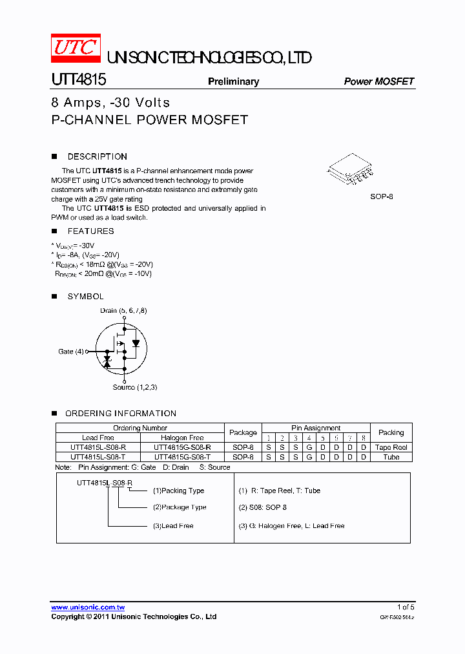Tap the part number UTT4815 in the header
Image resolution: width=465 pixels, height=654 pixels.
click(x=79, y=80)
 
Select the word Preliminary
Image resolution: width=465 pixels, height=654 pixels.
click(x=233, y=81)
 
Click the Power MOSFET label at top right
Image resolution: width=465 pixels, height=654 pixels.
click(x=378, y=81)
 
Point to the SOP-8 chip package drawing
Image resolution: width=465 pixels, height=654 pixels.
click(x=351, y=169)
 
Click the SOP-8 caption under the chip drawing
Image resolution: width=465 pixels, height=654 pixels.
click(x=381, y=196)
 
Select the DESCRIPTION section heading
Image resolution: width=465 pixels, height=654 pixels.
click(x=97, y=156)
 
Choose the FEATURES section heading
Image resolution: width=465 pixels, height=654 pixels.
click(x=90, y=231)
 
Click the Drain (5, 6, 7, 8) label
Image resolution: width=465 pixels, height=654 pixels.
click(x=123, y=311)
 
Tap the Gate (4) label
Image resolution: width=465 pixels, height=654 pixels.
click(x=71, y=352)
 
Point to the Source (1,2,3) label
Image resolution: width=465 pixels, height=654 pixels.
click(x=135, y=387)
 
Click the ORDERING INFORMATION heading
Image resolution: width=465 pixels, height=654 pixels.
click(x=121, y=414)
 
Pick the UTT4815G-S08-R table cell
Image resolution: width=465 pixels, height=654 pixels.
click(x=182, y=447)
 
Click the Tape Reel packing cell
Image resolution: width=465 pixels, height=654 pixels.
click(x=391, y=447)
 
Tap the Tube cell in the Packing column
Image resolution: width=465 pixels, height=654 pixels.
click(x=391, y=457)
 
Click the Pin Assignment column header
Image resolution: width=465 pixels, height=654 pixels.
click(x=316, y=428)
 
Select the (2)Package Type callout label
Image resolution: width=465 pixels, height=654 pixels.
click(x=180, y=507)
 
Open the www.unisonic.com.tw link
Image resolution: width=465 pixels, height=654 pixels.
click(x=88, y=607)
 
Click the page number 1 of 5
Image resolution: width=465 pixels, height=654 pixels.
click(x=406, y=607)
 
